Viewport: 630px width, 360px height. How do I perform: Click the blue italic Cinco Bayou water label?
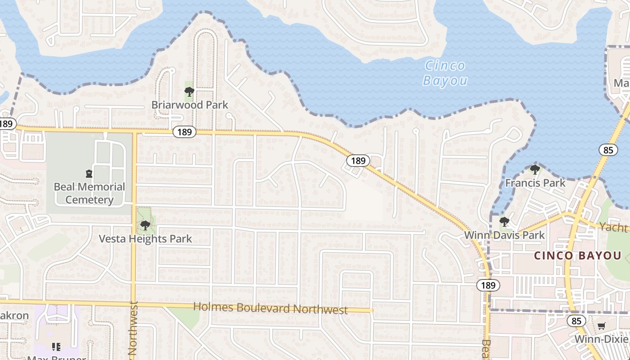pos(445,73)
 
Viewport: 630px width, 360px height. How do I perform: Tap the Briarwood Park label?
pos(189,105)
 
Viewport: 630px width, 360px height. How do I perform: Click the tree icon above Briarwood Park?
pos(189,92)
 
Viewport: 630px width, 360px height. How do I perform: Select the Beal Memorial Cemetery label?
pos(89,193)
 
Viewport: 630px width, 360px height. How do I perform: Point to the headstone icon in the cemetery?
pos(89,174)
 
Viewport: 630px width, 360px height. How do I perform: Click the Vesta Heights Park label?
pos(145,238)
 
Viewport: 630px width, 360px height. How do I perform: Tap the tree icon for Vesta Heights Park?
pos(144,225)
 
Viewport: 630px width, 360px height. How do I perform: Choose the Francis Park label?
pos(535,183)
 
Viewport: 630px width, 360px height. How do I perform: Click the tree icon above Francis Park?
pos(535,170)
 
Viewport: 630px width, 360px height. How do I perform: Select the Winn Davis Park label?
pos(504,235)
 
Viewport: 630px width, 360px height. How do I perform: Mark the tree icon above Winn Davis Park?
pos(504,221)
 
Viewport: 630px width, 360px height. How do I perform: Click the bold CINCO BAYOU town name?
pos(577,256)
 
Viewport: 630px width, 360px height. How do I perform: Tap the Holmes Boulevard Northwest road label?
pos(270,309)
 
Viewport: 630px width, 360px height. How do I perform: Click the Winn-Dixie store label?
pos(601,339)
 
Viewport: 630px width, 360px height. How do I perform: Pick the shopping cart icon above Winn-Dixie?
pos(601,326)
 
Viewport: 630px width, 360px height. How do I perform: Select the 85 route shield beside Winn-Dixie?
pos(576,321)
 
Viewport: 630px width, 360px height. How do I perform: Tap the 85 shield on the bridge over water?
pos(608,150)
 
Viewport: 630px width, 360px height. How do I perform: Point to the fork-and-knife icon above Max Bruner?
pos(56,346)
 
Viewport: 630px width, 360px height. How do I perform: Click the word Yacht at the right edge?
pos(614,227)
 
